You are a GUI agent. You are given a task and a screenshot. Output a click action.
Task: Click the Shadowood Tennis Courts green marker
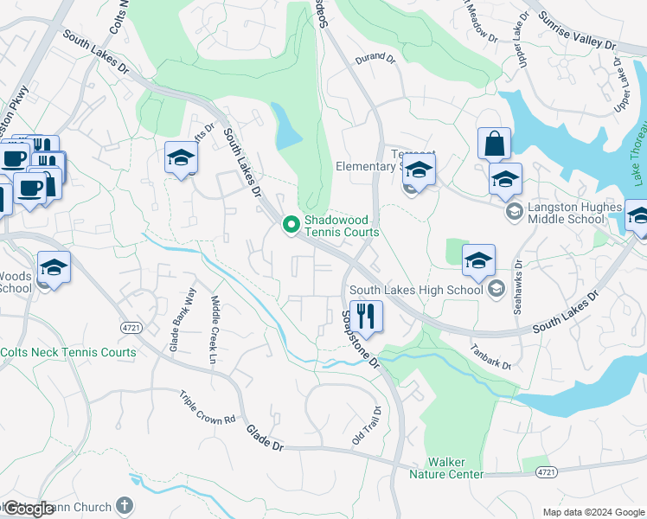tap(291, 225)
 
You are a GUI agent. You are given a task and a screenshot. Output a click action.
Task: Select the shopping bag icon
tap(494, 144)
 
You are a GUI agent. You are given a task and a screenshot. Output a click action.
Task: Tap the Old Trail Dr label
tap(366, 426)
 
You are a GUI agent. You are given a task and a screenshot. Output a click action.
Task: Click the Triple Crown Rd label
tap(208, 407)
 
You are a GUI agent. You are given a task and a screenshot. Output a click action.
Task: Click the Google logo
tap(28, 509)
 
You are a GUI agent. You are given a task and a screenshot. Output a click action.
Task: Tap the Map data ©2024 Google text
tap(593, 512)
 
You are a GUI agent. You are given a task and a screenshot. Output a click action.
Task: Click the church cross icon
tap(125, 505)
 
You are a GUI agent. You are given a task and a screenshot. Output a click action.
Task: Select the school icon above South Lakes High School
tap(478, 259)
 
